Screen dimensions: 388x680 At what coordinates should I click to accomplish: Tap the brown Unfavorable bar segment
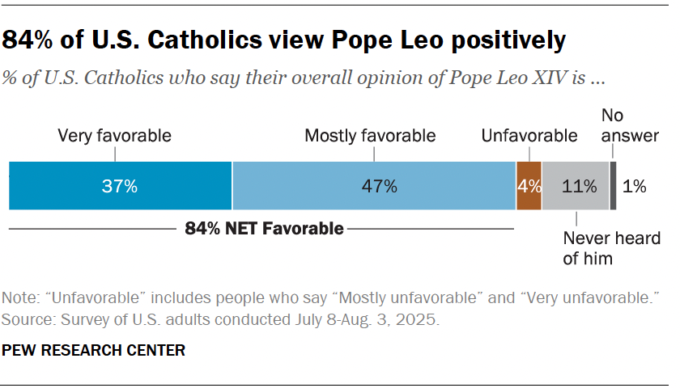pos(529,186)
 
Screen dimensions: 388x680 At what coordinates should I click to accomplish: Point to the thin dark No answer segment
pos(613,186)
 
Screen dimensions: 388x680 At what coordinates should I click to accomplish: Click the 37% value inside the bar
pos(121,186)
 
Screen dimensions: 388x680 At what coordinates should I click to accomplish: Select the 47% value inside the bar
pos(380,186)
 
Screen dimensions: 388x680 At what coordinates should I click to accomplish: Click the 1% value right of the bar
pos(635,186)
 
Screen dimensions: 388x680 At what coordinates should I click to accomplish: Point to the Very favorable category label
pos(114,136)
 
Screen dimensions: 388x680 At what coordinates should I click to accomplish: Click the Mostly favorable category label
pos(370,136)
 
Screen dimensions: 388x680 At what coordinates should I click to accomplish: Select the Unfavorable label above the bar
pos(529,136)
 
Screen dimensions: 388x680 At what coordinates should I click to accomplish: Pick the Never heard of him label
pos(599,248)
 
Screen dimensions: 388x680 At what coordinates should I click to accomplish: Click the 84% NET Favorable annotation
pos(264,229)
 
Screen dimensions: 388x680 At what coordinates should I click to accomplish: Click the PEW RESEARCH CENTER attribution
pos(94,350)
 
